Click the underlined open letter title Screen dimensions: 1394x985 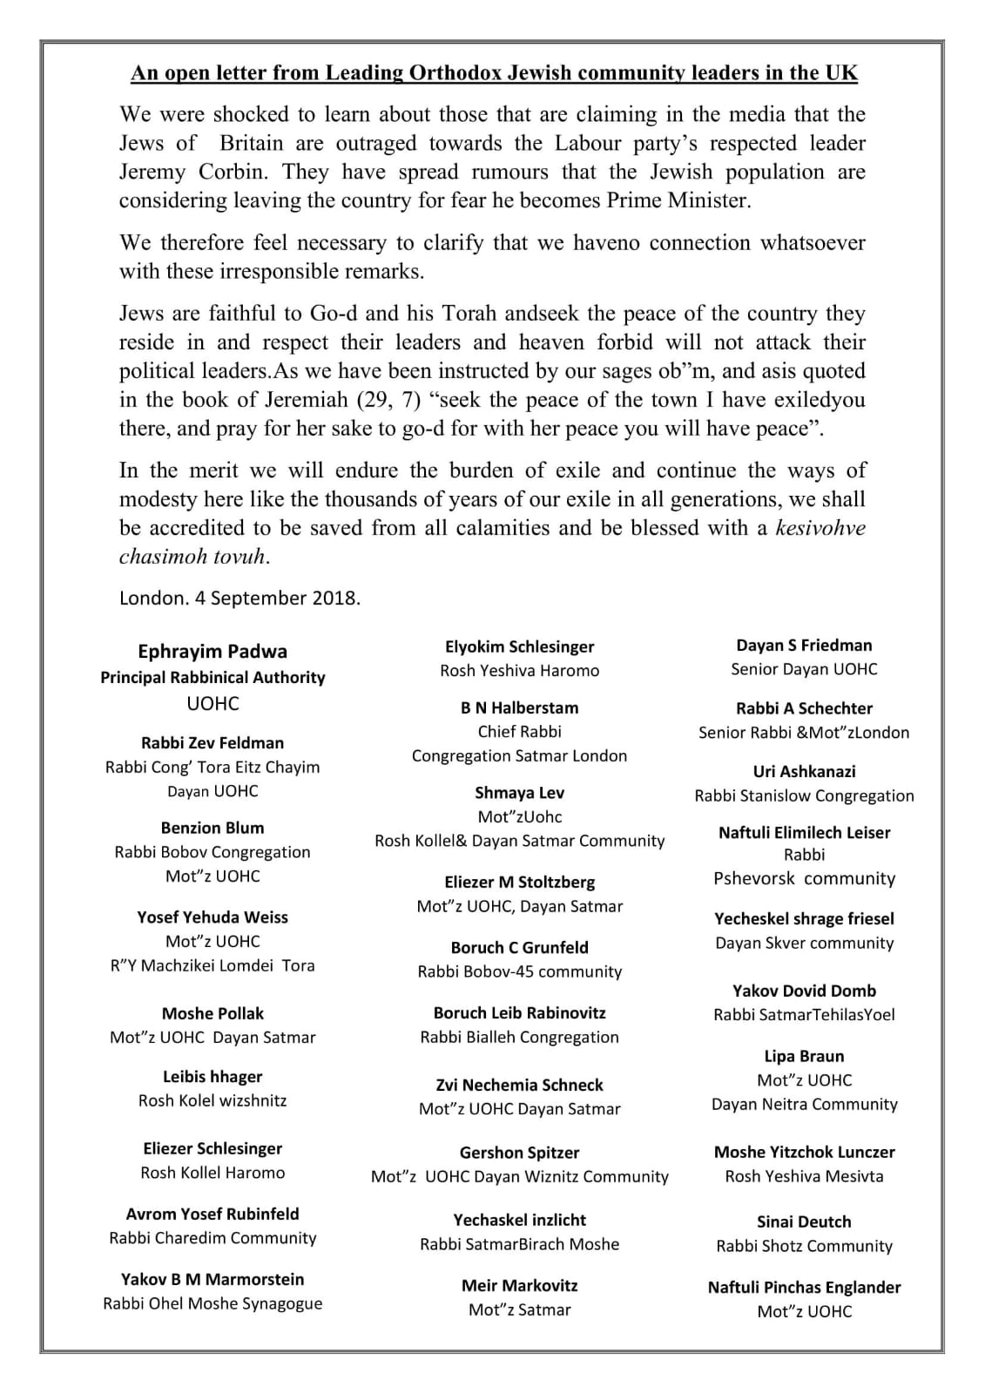pos(494,73)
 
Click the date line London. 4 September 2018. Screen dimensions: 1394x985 pos(240,598)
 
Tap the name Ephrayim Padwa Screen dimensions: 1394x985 pos(213,652)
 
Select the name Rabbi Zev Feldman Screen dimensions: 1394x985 pos(213,743)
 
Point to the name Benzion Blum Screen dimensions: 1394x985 pos(213,828)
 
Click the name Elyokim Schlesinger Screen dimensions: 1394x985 pos(519,646)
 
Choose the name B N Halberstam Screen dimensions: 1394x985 pos(519,708)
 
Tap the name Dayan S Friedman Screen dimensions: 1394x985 pos(804,646)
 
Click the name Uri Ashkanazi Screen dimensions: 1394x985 pos(804,772)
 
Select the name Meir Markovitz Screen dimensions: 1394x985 pos(519,1286)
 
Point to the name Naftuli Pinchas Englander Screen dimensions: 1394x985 pos(804,1288)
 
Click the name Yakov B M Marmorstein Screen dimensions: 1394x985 pos(213,1280)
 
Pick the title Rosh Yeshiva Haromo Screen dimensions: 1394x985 pos(519,671)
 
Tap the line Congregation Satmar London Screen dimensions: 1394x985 pos(519,756)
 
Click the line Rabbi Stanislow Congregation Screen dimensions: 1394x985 pos(804,796)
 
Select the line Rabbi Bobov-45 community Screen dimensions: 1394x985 pos(519,971)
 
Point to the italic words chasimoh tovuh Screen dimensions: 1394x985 pos(192,557)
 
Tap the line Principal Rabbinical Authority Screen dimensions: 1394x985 pos(213,678)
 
